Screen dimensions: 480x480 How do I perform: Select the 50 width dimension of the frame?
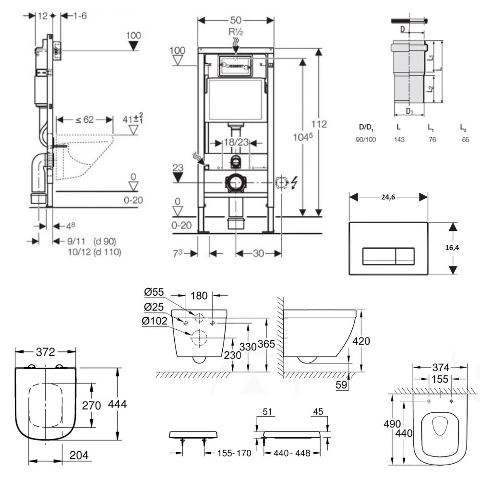pyautogui.click(x=236, y=20)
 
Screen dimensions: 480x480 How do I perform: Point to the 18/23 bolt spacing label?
pyautogui.click(x=236, y=143)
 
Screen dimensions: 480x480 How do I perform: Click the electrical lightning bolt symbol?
pyautogui.click(x=294, y=182)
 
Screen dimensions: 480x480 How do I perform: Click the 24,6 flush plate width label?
pyautogui.click(x=388, y=196)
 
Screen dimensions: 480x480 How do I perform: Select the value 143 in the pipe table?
pyautogui.click(x=399, y=140)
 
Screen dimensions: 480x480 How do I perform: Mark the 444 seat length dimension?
pyautogui.click(x=117, y=405)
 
